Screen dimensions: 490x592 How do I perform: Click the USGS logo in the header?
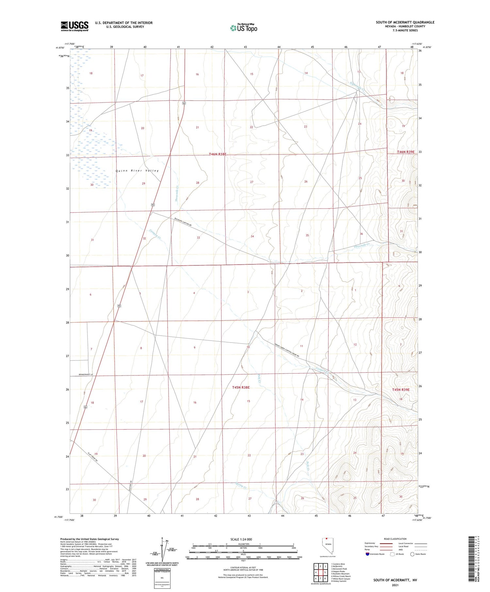point(74,26)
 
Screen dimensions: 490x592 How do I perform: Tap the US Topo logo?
point(243,28)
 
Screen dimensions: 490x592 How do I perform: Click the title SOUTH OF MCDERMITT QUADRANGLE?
point(405,22)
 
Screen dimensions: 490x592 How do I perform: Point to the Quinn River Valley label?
point(137,170)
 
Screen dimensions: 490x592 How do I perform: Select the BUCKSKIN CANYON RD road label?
point(183,223)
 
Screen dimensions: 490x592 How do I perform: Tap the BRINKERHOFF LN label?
point(86,374)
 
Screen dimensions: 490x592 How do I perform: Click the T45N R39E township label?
point(400,390)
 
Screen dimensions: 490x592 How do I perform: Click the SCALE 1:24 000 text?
point(241,539)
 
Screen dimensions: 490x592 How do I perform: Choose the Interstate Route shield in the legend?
point(367,554)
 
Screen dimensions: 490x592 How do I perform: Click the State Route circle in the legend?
point(412,554)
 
